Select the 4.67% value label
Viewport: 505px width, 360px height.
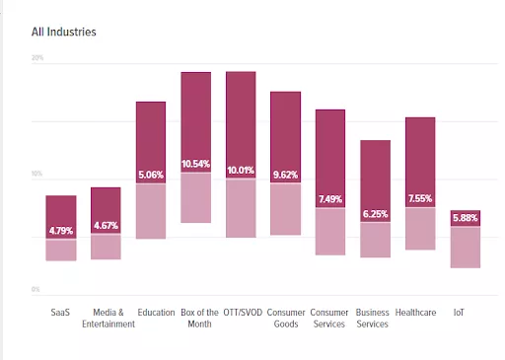[106, 226]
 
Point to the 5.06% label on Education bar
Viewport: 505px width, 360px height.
[150, 176]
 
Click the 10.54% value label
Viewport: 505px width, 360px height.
[196, 164]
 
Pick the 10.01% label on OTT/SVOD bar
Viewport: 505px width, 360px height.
[241, 170]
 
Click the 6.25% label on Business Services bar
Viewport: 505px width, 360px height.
[375, 214]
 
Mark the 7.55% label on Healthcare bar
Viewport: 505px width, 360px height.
[420, 198]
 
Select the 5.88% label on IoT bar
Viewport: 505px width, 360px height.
[465, 218]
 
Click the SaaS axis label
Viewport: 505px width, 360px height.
[60, 313]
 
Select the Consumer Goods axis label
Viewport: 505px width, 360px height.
[286, 318]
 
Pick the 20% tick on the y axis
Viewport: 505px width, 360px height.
[37, 58]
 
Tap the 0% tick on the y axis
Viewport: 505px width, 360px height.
[36, 289]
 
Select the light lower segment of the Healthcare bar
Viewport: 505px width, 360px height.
[420, 229]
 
